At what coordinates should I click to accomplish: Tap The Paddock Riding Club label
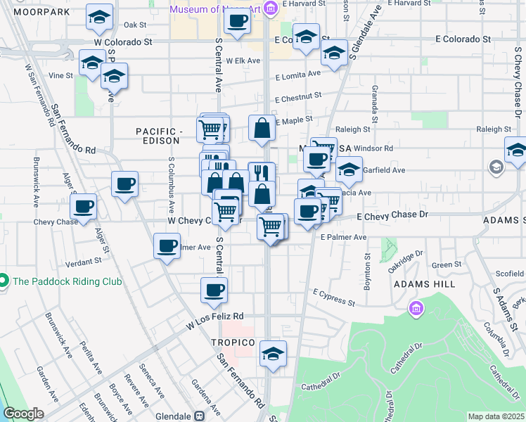tap(67, 281)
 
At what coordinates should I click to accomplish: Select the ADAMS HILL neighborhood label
tap(421, 284)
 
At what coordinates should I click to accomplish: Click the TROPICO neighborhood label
tap(232, 342)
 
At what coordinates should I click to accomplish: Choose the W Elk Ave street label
tap(243, 60)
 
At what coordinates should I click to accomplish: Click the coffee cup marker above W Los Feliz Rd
tap(214, 290)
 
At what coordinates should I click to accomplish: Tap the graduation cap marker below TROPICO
tap(273, 354)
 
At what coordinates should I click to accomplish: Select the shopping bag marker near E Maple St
tap(262, 129)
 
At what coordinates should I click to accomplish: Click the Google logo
tap(23, 414)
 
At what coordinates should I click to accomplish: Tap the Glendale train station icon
tap(200, 415)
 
